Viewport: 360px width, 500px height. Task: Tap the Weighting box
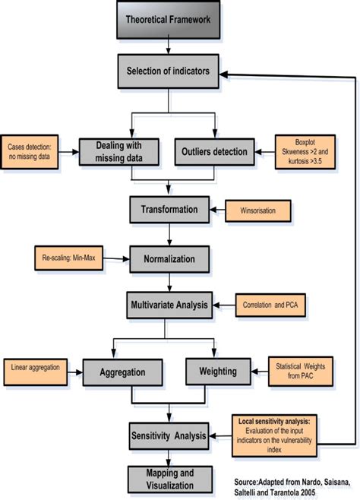217,372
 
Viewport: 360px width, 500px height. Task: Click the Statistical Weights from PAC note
302,372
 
